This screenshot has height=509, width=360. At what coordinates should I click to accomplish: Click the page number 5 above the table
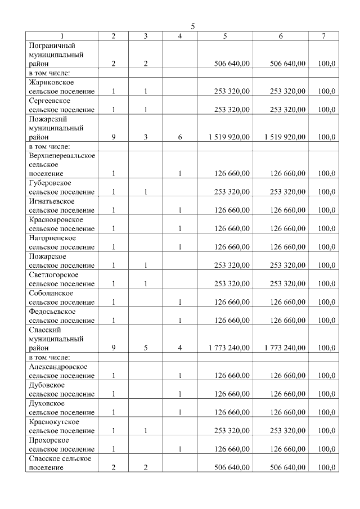193,26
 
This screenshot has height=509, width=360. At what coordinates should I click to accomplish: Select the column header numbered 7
323,36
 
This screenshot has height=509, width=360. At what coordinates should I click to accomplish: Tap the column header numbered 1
62,36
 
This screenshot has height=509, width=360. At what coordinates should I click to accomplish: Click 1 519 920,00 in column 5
228,137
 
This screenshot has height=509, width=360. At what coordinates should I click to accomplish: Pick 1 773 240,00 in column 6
285,348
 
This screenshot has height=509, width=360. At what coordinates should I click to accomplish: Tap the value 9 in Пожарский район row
114,137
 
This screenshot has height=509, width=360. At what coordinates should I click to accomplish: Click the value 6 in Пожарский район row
180,137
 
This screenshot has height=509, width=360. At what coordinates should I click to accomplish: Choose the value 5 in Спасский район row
146,348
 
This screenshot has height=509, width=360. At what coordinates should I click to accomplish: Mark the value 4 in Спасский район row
180,348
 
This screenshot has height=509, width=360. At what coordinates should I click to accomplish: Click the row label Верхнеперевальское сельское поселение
61,164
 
